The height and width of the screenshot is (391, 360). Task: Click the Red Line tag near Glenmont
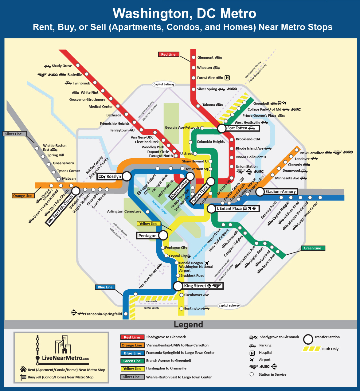pos(168,54)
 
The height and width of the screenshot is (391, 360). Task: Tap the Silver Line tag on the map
pos(14,134)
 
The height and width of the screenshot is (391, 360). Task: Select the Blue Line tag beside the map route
pos(105,287)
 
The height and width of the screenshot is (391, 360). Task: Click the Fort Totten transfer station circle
pos(221,128)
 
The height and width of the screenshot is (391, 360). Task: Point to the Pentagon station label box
pos(147,236)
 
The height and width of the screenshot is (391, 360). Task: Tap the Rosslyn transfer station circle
pos(127,176)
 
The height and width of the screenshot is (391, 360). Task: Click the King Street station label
pos(195,286)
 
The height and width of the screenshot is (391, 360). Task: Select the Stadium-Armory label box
pos(280,192)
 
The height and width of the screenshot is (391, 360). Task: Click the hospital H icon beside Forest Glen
pos(227,78)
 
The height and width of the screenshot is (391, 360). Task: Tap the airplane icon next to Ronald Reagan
pos(206,263)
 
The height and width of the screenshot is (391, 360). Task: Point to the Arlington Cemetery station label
pos(124,211)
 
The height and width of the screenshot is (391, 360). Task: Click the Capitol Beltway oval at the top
pos(164,84)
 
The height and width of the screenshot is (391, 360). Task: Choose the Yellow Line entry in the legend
pos(132,369)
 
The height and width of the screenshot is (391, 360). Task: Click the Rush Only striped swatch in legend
pos(311,349)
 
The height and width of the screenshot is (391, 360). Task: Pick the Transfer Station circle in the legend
pos(308,339)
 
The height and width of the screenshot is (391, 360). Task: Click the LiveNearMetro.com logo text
pos(65,358)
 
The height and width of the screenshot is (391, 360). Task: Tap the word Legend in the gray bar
pos(188,325)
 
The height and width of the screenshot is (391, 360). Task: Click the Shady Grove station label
pos(62,66)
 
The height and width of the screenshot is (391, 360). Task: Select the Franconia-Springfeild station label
pos(103,314)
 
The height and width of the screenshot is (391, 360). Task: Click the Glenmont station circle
pos(194,57)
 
